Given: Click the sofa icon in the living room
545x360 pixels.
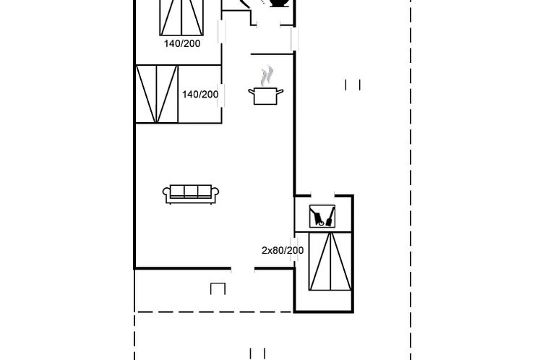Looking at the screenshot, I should point(191,193).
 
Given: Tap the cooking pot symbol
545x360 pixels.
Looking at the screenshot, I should point(265,95).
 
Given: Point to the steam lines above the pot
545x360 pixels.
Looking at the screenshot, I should point(267,74).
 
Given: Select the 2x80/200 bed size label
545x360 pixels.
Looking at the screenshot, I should point(282,251).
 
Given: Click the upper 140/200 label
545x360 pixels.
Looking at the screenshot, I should point(181,43).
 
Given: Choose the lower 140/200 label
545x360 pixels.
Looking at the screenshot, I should point(199,94).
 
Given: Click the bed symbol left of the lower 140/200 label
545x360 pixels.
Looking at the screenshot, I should point(157,94).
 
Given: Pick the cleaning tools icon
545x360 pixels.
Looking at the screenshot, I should point(322,216).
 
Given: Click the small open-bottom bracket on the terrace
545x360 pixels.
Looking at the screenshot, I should point(218,288).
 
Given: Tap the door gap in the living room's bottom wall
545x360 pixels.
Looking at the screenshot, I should point(243,269).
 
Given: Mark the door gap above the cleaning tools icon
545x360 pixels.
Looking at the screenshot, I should point(322,195).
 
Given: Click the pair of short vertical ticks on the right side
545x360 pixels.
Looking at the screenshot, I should point(353,85).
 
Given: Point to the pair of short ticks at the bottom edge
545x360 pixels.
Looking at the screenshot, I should point(257,353).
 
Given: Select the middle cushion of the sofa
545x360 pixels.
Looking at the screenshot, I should point(191,192).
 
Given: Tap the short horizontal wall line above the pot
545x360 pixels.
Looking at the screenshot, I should point(272,54).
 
